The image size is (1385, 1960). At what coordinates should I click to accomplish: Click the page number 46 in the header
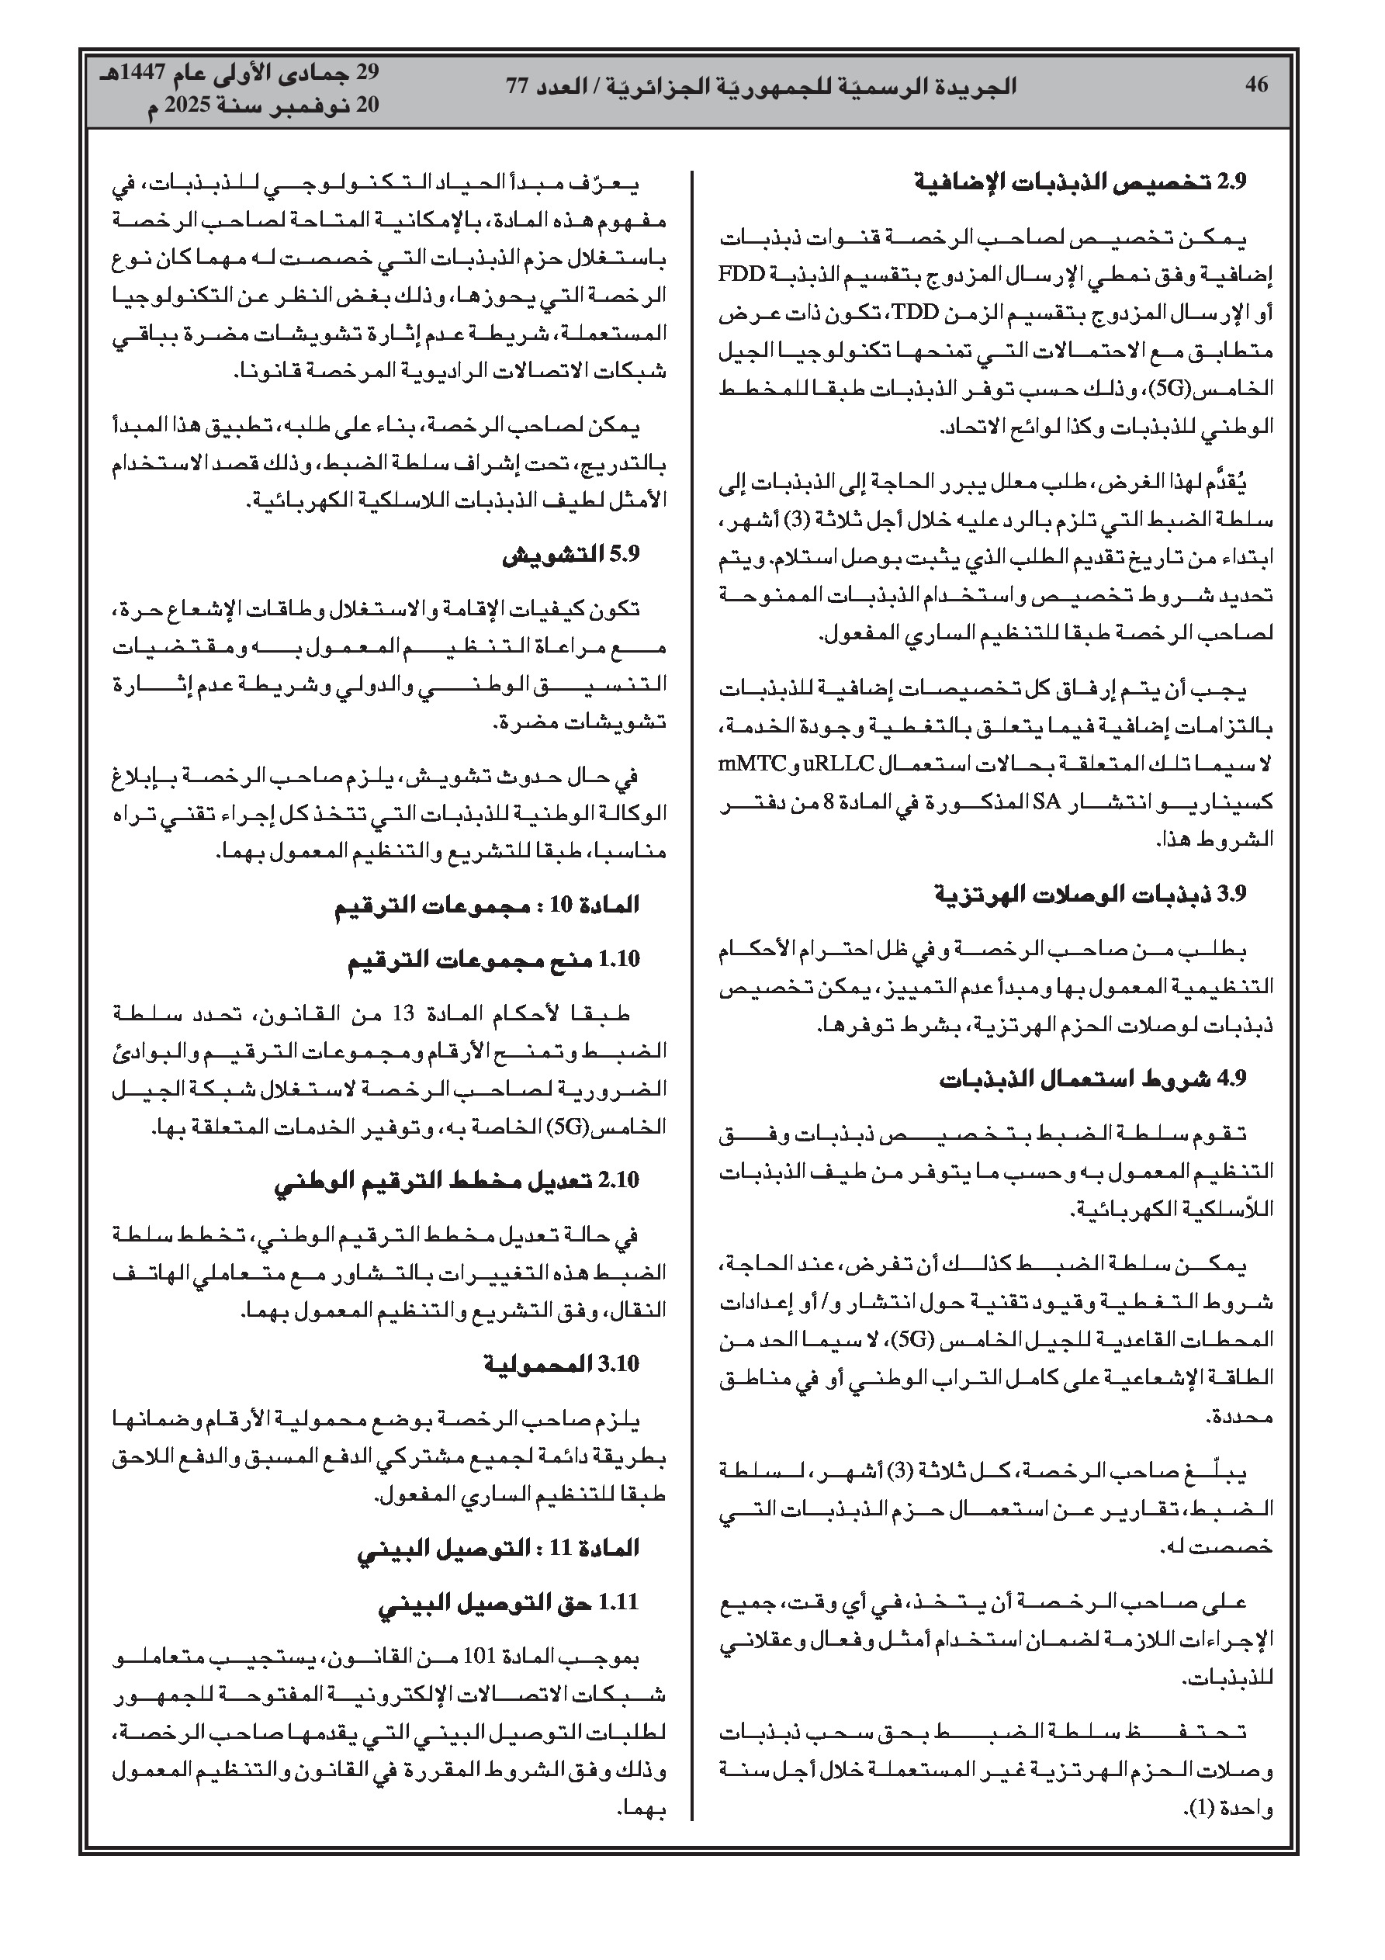1256,85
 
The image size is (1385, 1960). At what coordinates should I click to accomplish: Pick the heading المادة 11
498,1548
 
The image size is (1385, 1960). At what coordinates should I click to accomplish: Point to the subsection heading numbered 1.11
508,1603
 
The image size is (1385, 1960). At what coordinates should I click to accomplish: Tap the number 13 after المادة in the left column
403,1014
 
